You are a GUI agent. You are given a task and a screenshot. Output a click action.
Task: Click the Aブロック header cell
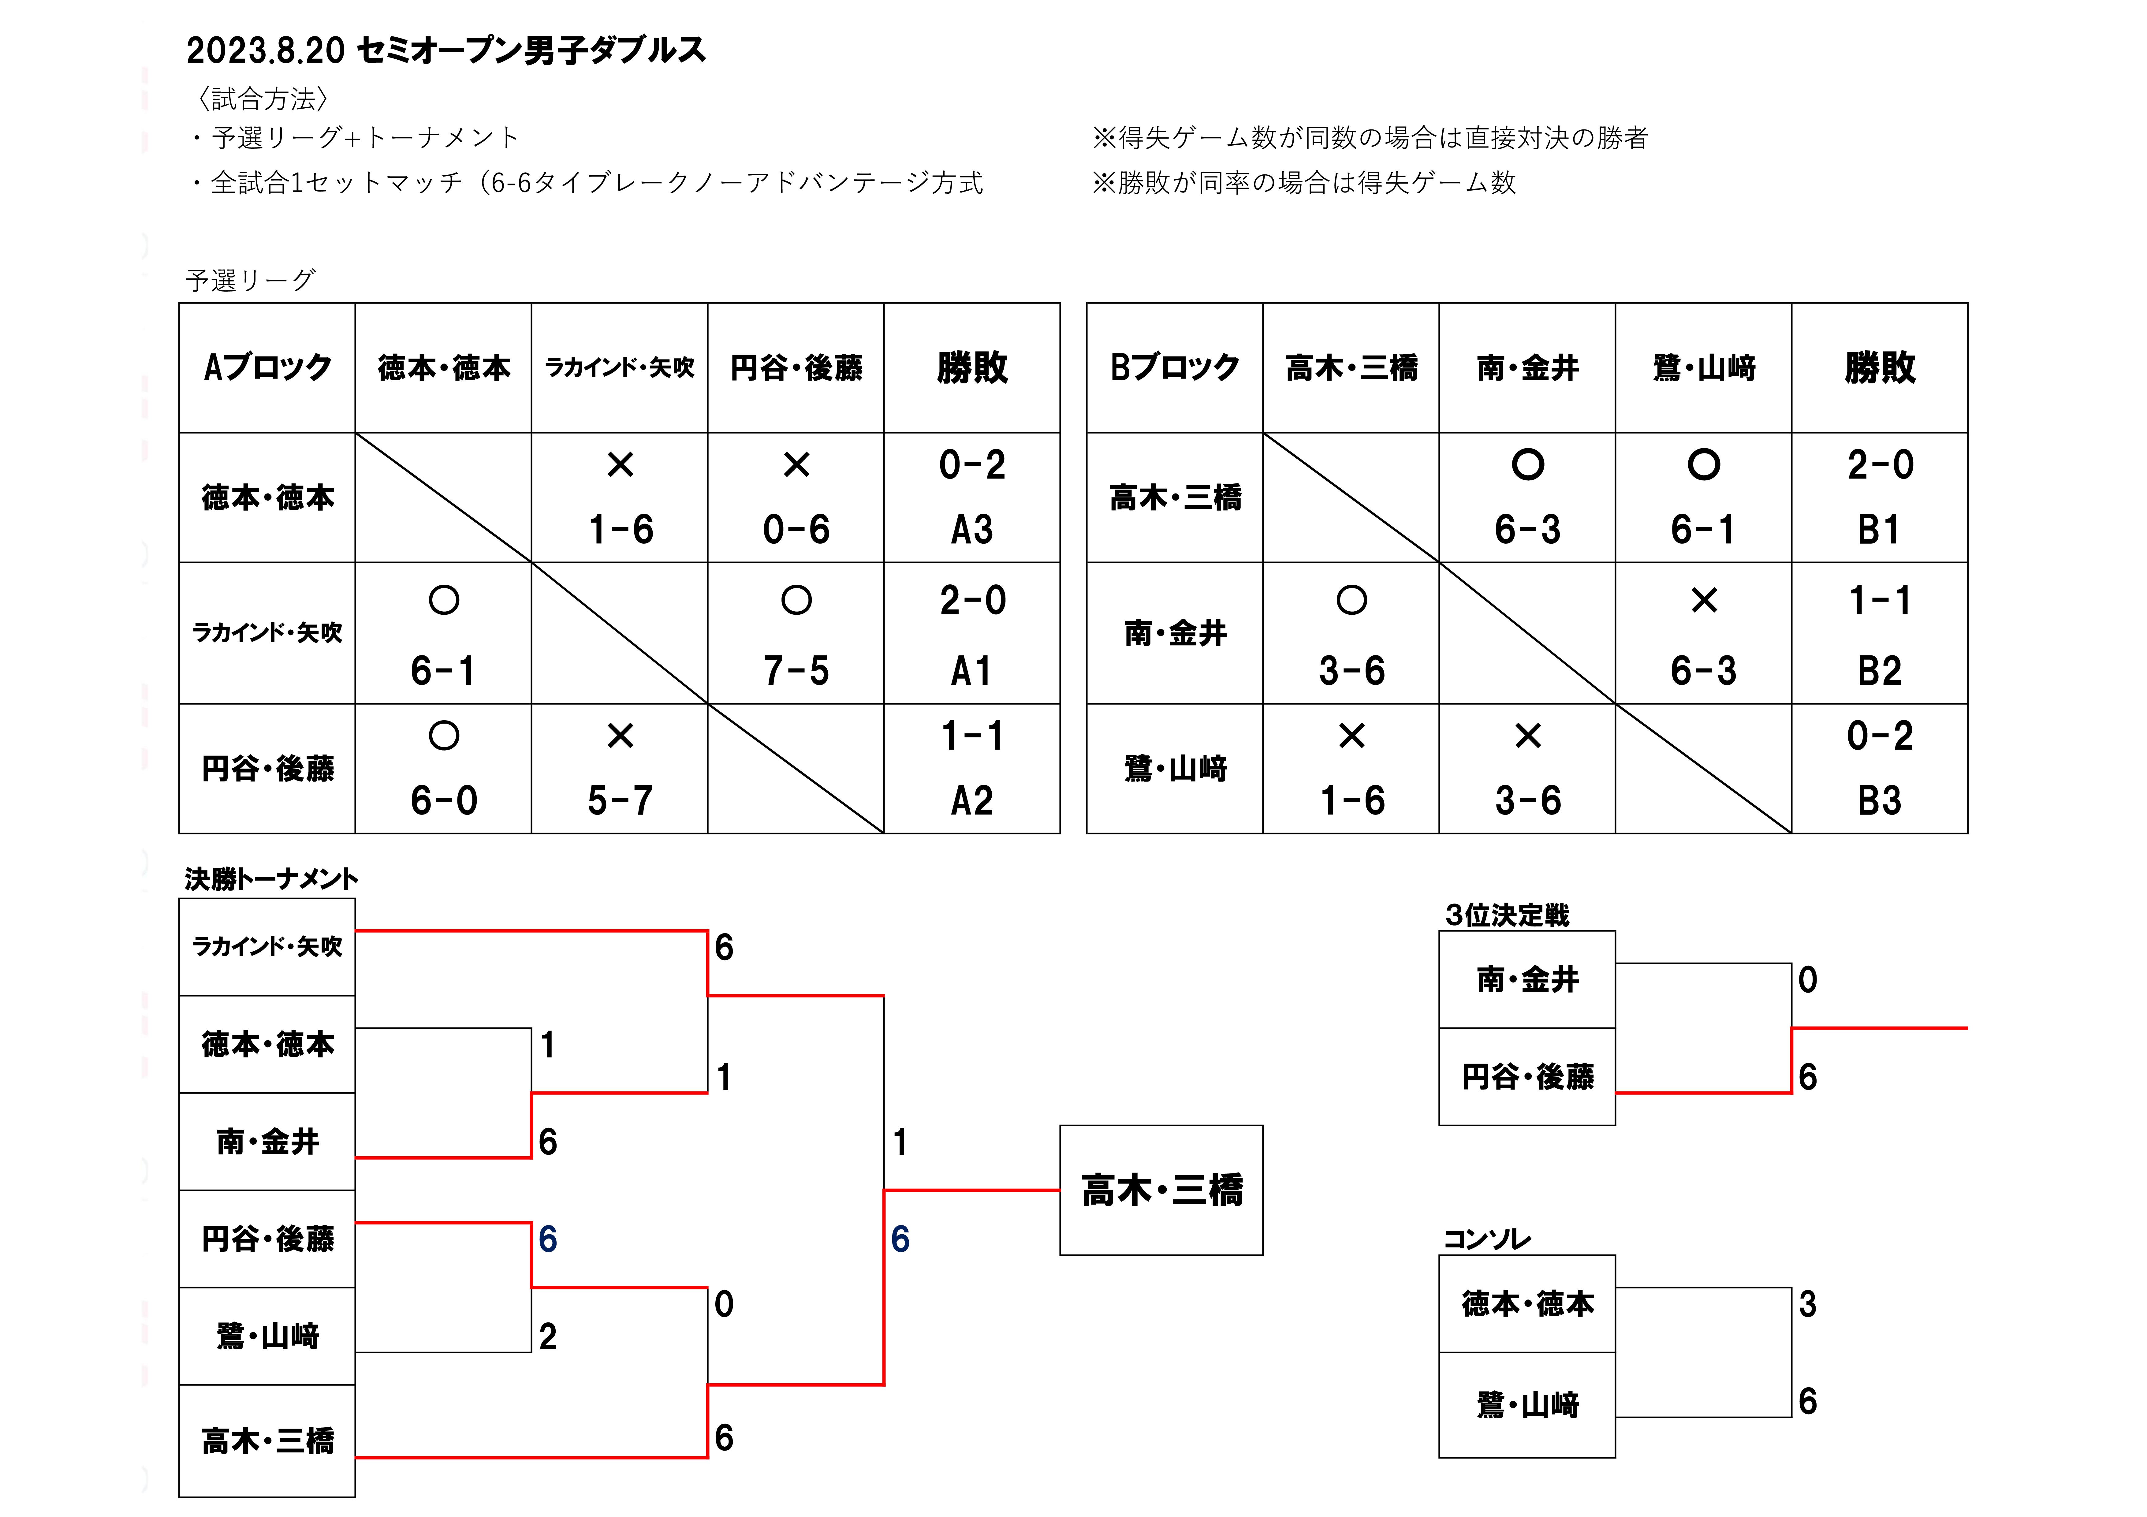(x=267, y=367)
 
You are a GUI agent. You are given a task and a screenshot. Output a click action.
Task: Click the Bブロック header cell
(x=1175, y=367)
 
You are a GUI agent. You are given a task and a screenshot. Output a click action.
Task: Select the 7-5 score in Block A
(x=796, y=671)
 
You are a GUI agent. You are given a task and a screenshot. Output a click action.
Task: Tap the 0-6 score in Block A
(x=796, y=529)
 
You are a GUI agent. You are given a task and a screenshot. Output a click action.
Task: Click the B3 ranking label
(x=1880, y=801)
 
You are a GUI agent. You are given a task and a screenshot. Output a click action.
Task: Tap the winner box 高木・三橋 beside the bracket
(x=1161, y=1191)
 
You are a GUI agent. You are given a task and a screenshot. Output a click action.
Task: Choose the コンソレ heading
(x=1487, y=1239)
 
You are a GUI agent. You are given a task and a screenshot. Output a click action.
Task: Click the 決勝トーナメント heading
(x=271, y=879)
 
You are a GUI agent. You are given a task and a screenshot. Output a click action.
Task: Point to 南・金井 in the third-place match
(x=1527, y=979)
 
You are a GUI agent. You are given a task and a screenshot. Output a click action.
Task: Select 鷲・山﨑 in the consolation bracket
(x=1527, y=1404)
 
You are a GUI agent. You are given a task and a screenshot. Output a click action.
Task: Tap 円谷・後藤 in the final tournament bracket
(x=267, y=1239)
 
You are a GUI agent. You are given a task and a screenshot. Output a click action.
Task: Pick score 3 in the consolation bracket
(x=1808, y=1304)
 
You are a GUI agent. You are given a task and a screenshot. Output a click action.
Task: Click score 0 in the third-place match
(x=1808, y=979)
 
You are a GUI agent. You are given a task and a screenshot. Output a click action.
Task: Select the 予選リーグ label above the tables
(x=251, y=280)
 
